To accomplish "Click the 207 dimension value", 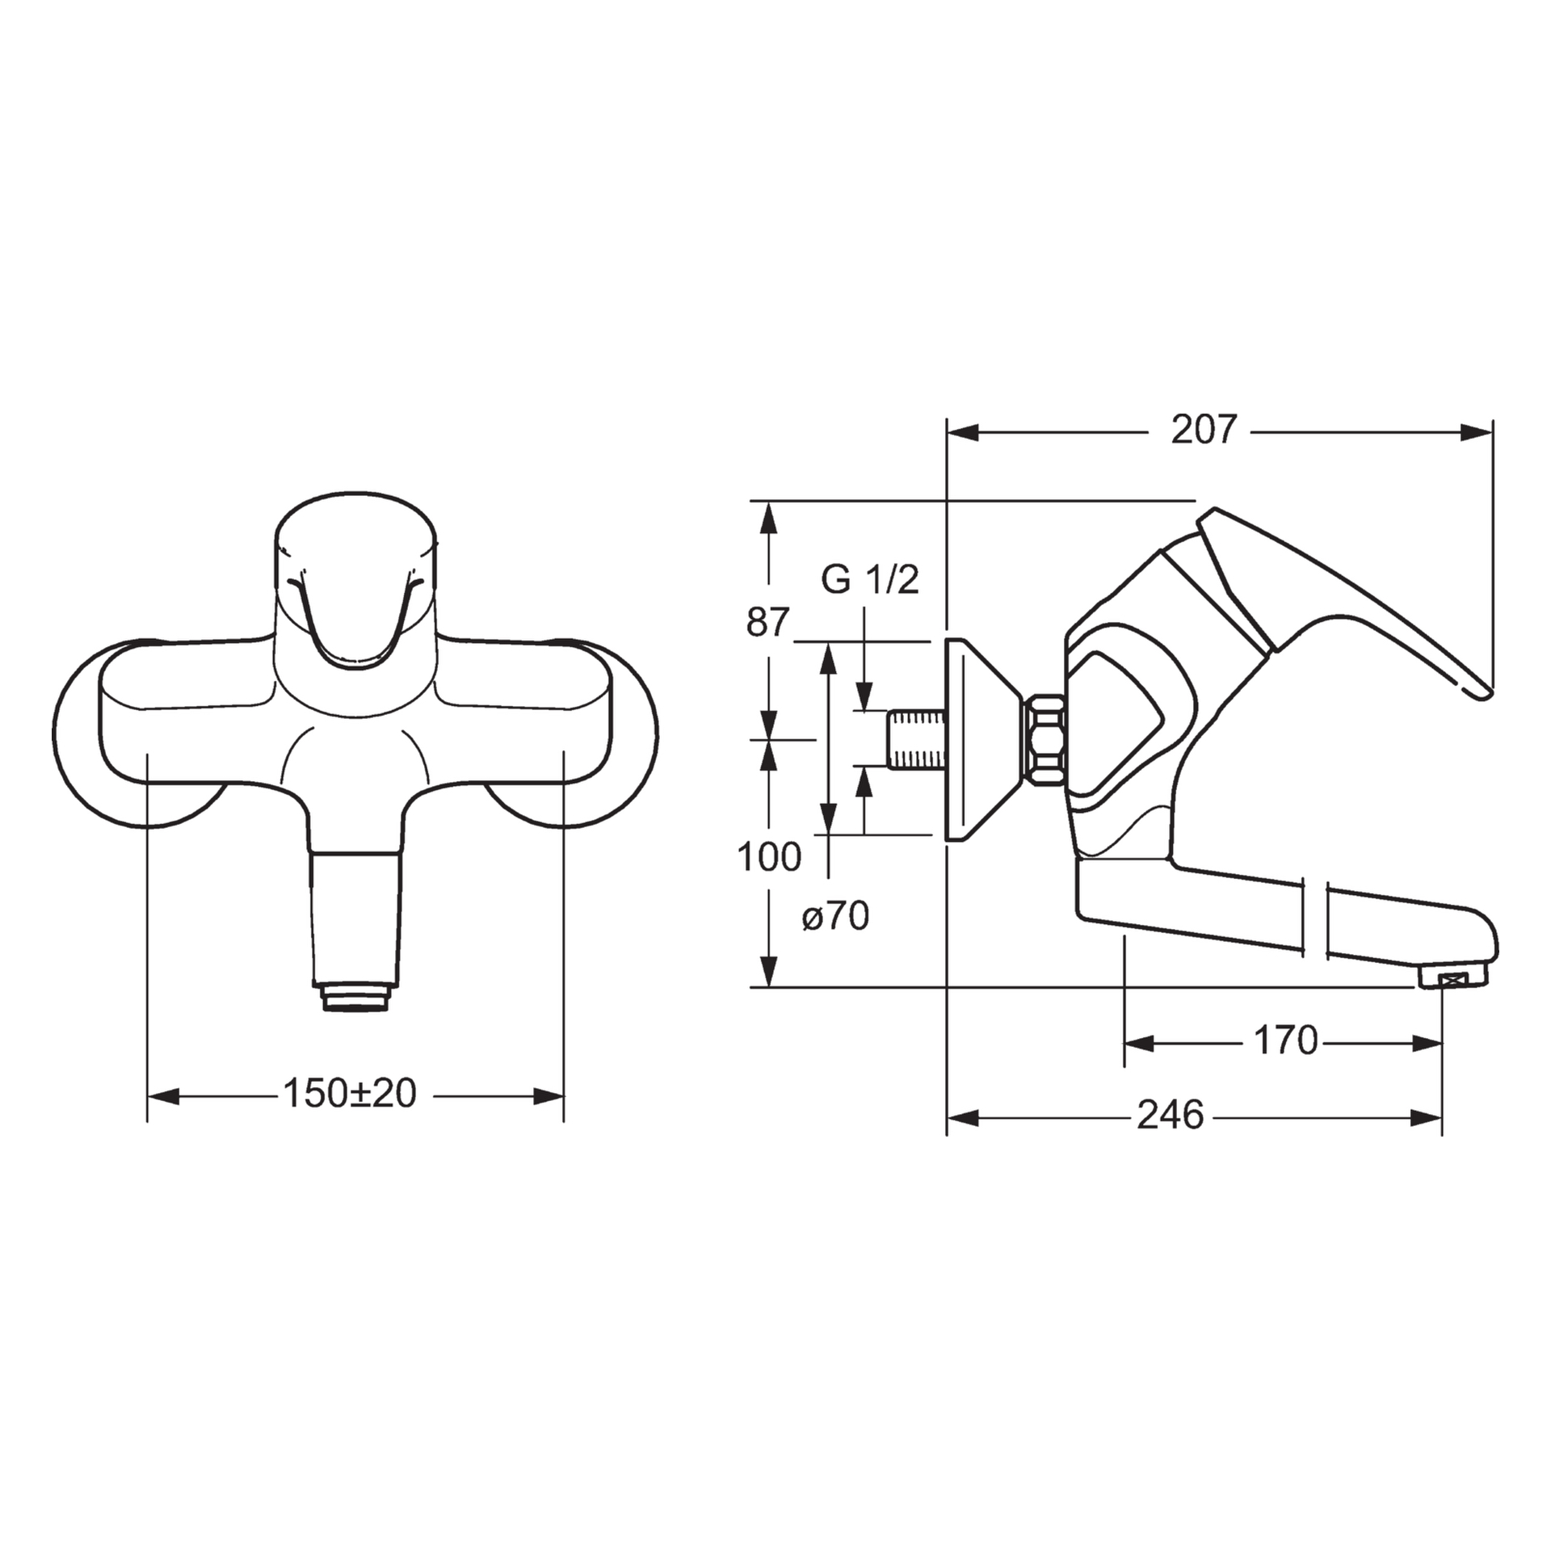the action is [1204, 430].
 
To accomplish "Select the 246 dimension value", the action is [1171, 1115].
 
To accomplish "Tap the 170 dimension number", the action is [1285, 1040].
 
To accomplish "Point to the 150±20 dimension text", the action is [349, 1094].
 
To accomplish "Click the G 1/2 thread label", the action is [870, 579].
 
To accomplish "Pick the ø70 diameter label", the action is [835, 918].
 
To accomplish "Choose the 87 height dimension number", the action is [766, 623].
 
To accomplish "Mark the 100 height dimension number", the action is [769, 856].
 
